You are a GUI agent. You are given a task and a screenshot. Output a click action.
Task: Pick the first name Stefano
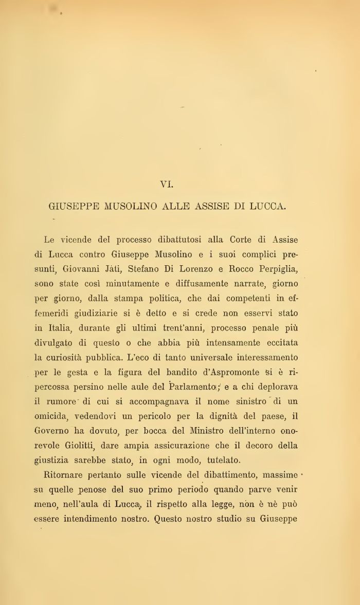(x=173, y=269)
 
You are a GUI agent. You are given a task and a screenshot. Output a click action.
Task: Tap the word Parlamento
(x=191, y=387)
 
